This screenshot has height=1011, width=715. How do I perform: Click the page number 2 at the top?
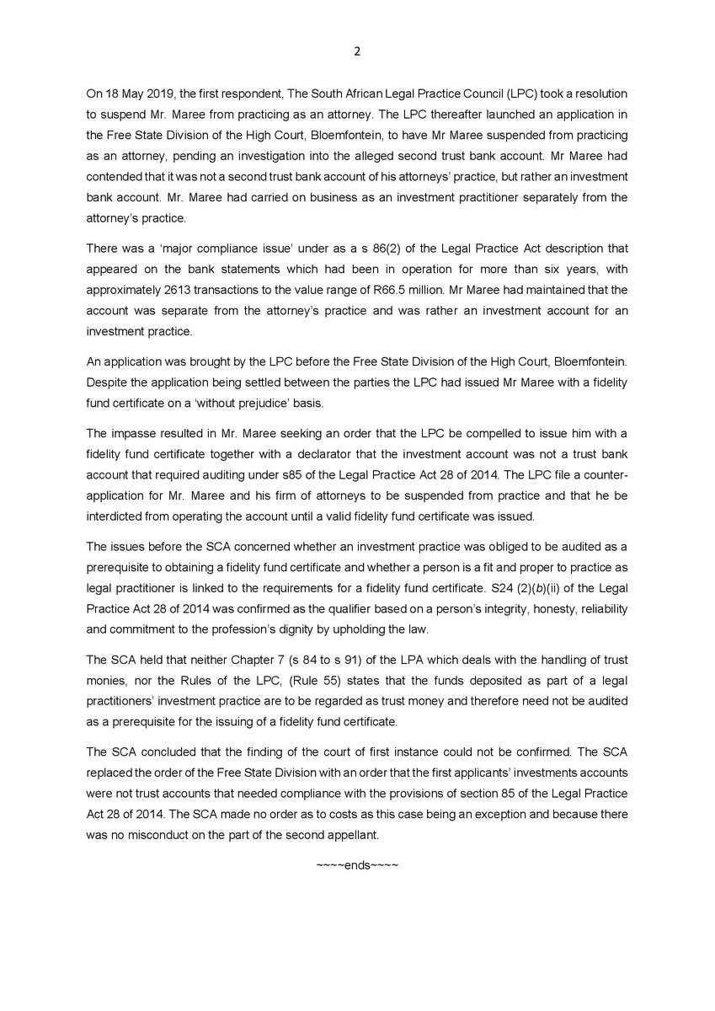(356, 51)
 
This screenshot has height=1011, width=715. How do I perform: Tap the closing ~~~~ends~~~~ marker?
(356, 865)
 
